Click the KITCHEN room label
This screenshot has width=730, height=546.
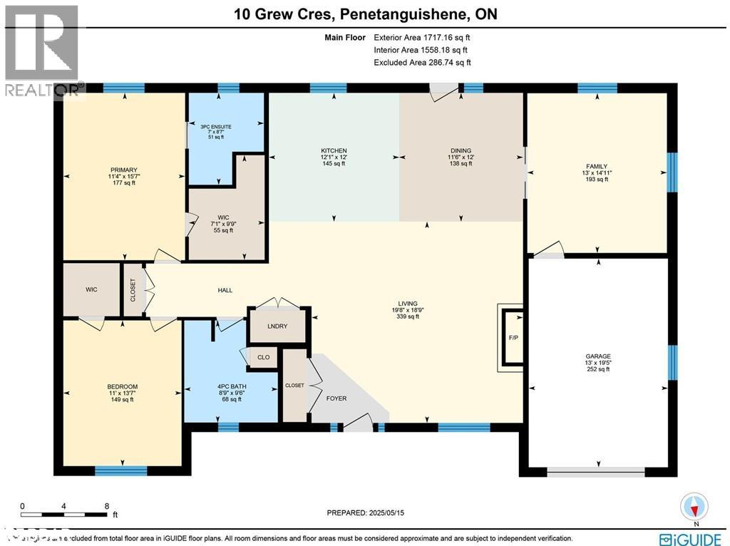[x=334, y=151]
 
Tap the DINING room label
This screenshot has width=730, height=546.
[x=460, y=151]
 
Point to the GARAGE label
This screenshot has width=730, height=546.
[x=597, y=356]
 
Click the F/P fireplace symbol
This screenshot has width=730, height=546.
[x=512, y=336]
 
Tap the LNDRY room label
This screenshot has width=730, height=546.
[x=277, y=327]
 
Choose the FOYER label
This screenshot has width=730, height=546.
[x=336, y=398]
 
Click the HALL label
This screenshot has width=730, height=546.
[x=225, y=290]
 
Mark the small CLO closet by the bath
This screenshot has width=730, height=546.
[x=263, y=357]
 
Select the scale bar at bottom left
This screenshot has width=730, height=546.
[x=64, y=512]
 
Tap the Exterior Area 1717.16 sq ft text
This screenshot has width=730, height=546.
[x=422, y=37]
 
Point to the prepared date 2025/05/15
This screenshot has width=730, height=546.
[x=369, y=512]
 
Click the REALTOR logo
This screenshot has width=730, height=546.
[x=42, y=50]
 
